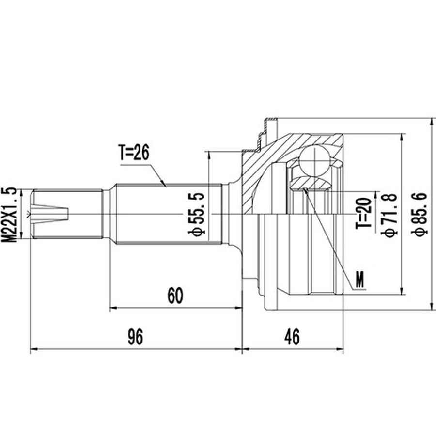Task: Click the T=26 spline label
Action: click(x=134, y=153)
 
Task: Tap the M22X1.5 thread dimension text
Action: click(x=9, y=215)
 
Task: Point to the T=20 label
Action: click(x=364, y=213)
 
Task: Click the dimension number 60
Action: click(x=175, y=296)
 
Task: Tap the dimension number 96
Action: click(x=136, y=337)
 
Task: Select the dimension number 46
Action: click(x=292, y=337)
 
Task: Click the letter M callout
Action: click(x=360, y=280)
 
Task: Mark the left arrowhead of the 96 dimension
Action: click(x=33, y=349)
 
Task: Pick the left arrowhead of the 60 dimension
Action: click(x=114, y=308)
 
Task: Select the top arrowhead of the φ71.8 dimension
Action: click(x=402, y=138)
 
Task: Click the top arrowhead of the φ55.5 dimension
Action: click(x=208, y=156)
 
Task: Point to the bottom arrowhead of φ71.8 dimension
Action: click(x=402, y=290)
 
